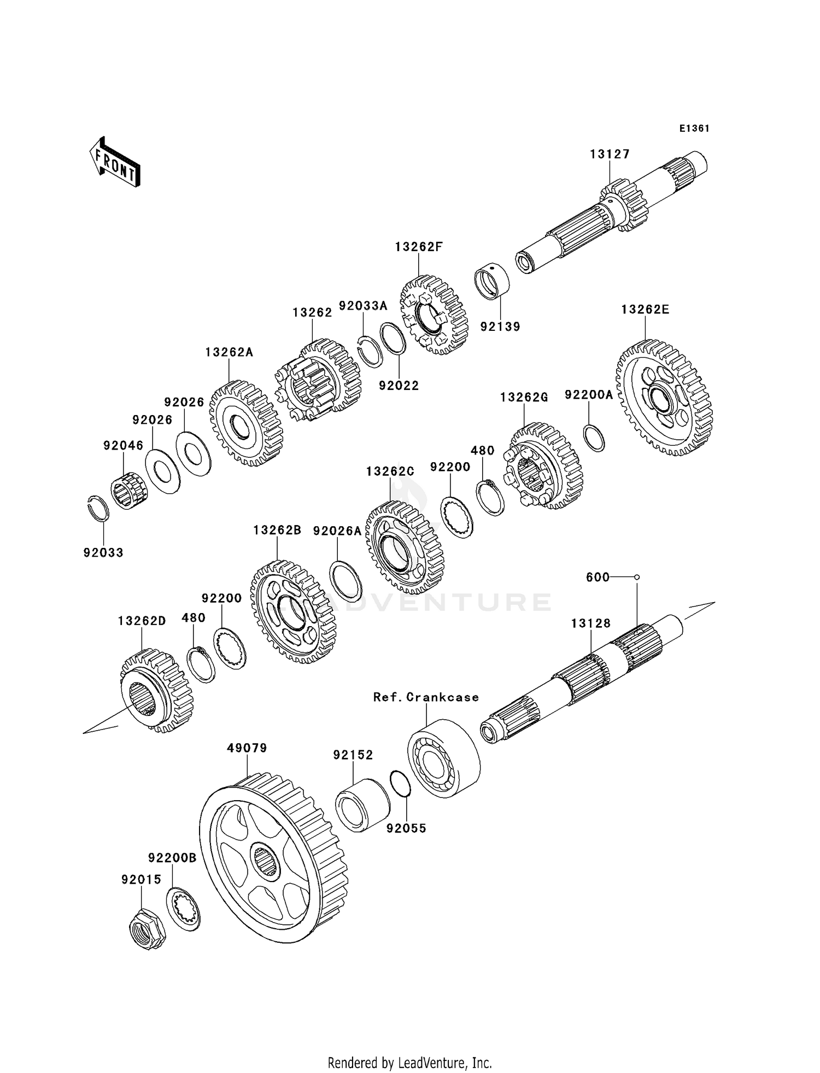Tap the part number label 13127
click(610, 154)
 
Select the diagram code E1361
click(694, 129)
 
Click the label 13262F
click(419, 247)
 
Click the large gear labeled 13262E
click(664, 398)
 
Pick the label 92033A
click(363, 306)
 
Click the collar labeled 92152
click(362, 804)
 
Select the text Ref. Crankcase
click(426, 697)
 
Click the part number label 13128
click(591, 623)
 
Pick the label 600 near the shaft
click(598, 577)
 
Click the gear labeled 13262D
click(156, 690)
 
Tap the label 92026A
click(337, 530)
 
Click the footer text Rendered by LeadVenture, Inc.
click(409, 1063)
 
